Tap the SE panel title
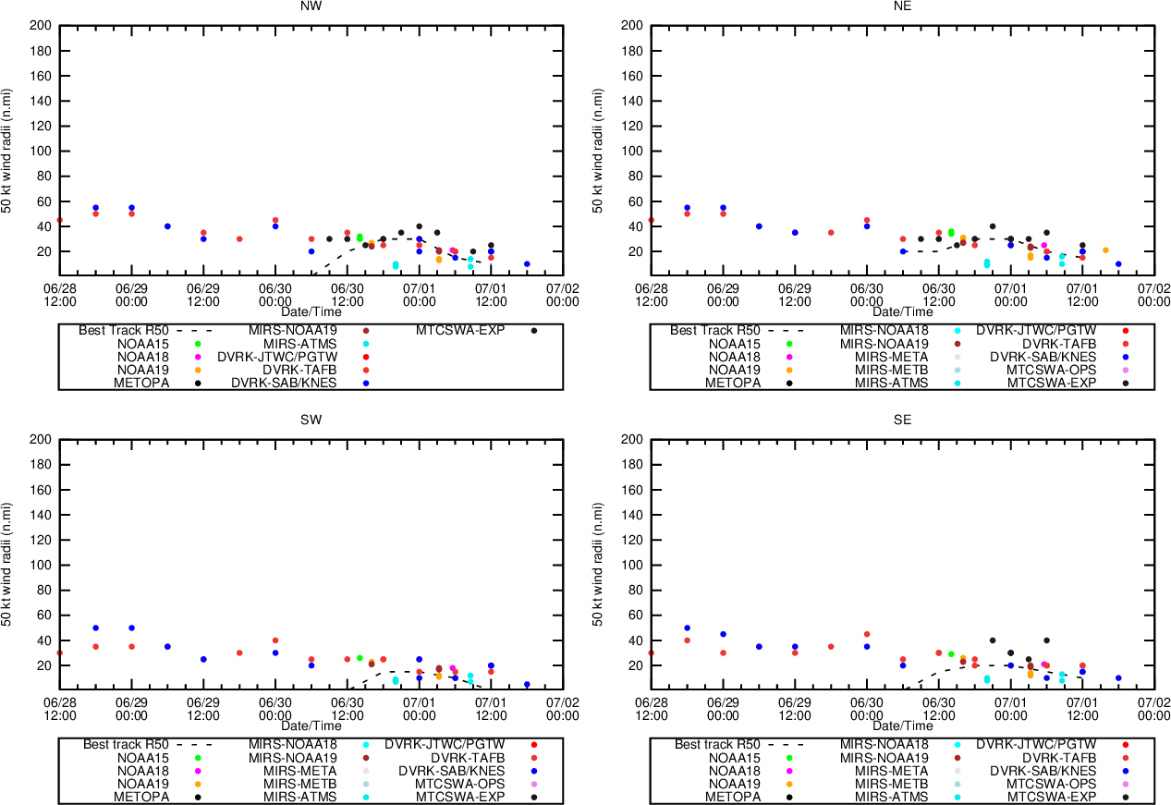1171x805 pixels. [x=903, y=420]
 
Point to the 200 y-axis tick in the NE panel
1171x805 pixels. [x=632, y=25]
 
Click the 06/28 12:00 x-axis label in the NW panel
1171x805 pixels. [x=60, y=295]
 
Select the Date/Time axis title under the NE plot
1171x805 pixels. [x=903, y=311]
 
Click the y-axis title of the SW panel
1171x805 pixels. [x=7, y=565]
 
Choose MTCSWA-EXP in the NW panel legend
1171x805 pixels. [x=460, y=330]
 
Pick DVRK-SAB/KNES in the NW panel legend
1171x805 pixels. [x=285, y=383]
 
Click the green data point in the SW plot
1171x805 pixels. [x=360, y=658]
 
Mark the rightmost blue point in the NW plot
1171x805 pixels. [x=527, y=264]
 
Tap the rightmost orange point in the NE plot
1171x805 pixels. [x=1105, y=250]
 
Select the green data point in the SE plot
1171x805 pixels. [x=951, y=654]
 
